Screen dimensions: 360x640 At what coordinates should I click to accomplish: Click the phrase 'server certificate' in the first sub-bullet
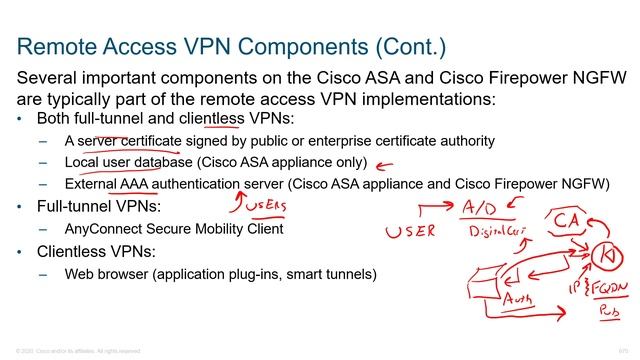[x=128, y=140]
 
